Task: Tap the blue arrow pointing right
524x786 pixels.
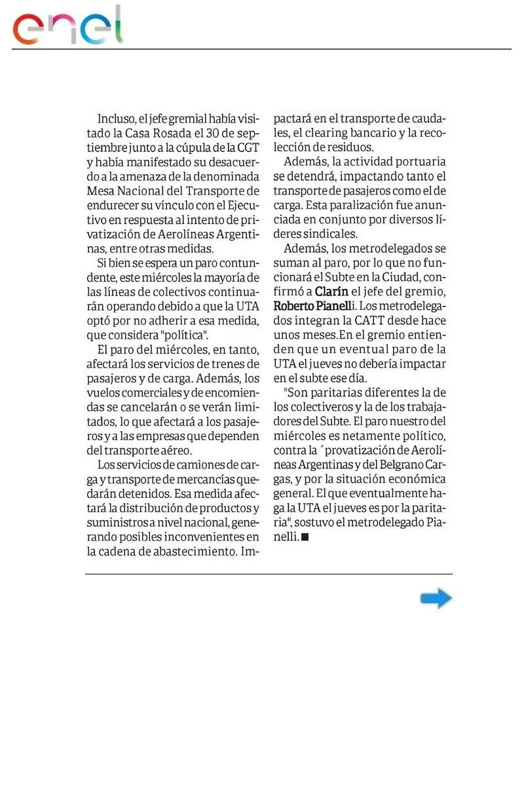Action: [x=436, y=598]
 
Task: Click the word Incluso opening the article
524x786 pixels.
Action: [x=115, y=119]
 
